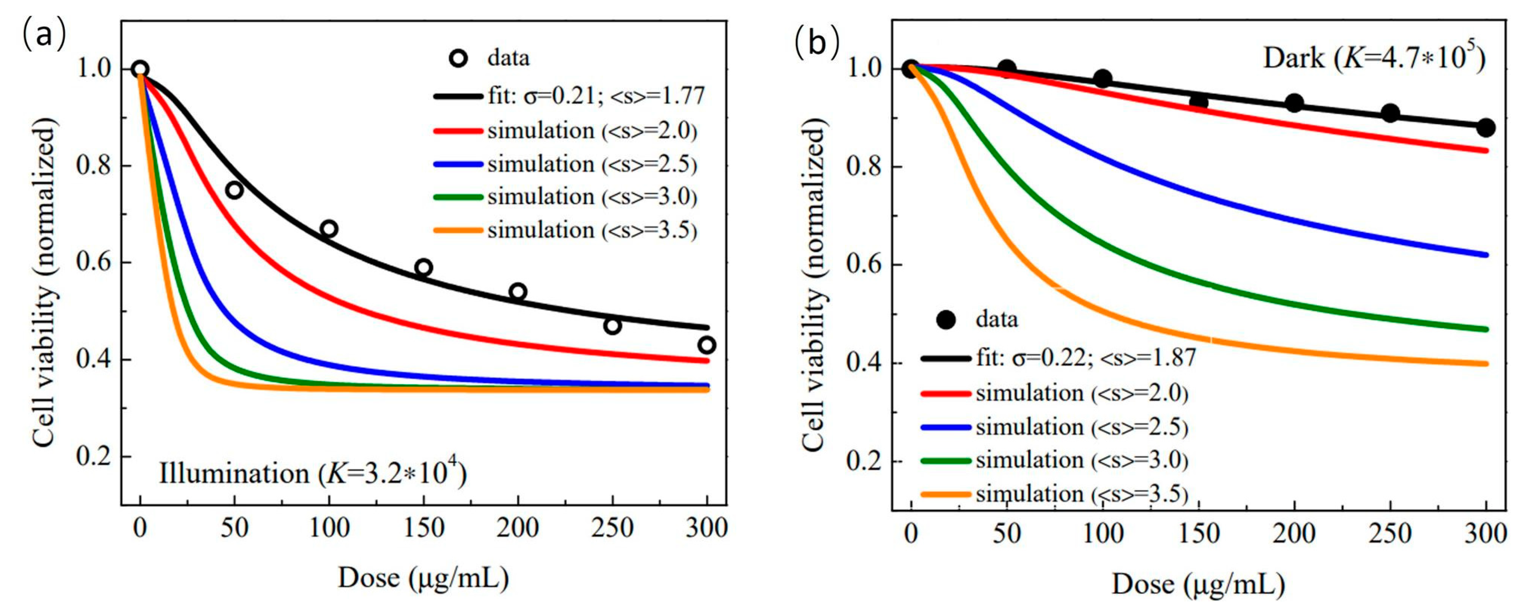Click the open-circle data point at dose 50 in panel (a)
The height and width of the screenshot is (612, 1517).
tap(234, 190)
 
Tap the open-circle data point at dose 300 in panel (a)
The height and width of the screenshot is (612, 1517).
tap(707, 345)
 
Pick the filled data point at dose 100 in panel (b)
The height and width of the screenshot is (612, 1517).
tap(1102, 78)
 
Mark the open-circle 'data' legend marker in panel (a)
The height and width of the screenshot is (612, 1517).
tap(458, 58)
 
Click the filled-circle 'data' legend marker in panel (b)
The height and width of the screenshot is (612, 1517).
tap(946, 320)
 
